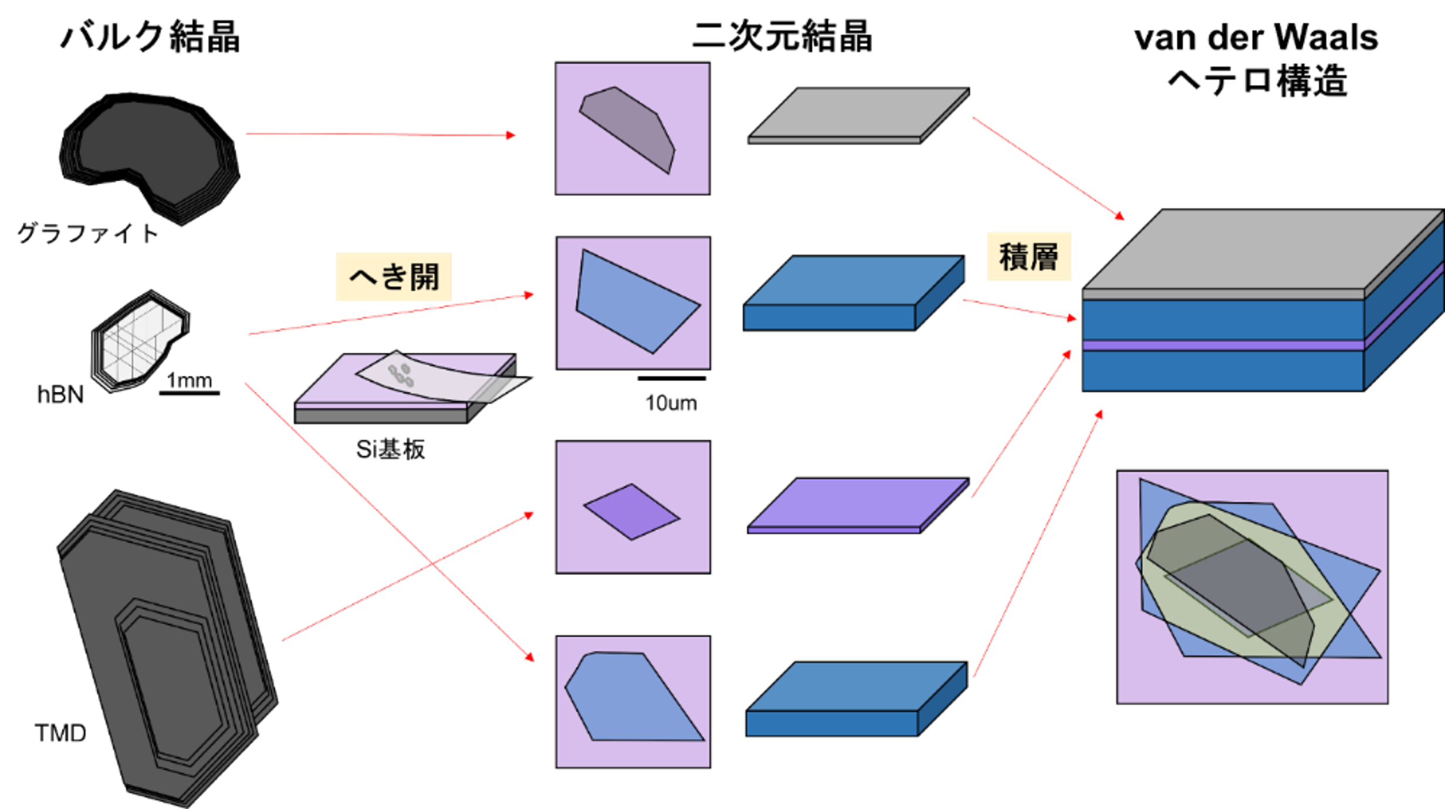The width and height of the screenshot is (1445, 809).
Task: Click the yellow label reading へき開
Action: click(x=393, y=277)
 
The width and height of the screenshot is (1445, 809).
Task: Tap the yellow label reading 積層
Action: click(x=1028, y=257)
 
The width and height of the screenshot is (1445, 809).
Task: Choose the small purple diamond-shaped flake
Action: click(x=632, y=512)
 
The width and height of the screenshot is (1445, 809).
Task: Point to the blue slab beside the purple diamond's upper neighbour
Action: click(x=854, y=292)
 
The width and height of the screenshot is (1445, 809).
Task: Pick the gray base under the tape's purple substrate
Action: click(x=381, y=416)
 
